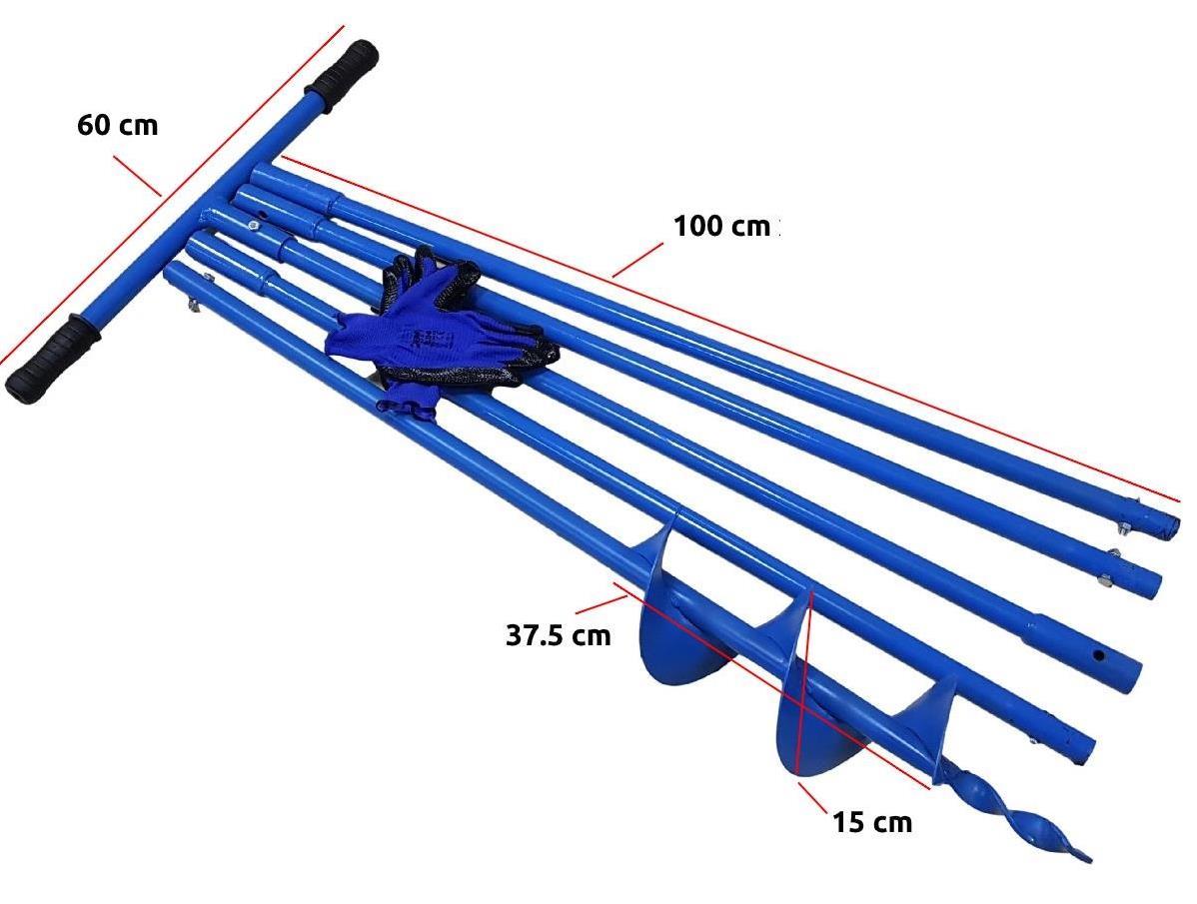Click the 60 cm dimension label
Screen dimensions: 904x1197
(x=117, y=126)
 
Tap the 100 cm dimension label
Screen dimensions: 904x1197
(x=721, y=226)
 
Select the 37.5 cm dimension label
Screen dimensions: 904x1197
(x=558, y=635)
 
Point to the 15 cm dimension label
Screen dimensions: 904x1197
(x=872, y=822)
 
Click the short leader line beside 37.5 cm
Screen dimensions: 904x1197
(x=600, y=602)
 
